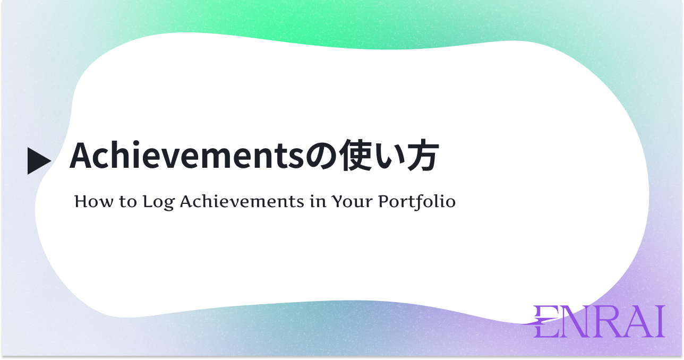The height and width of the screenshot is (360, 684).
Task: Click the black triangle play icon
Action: point(38,161)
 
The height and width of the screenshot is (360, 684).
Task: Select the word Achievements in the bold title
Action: point(187,155)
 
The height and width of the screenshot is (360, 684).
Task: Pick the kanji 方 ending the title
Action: point(423,155)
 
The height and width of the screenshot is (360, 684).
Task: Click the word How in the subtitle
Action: point(94,202)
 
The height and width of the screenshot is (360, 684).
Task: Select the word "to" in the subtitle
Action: point(128,202)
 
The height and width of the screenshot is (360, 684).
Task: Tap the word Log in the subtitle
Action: point(158,202)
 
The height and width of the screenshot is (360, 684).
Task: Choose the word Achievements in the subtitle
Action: point(242,202)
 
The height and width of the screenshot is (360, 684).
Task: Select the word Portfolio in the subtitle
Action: point(417,202)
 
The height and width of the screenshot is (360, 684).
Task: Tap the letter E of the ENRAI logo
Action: point(542,322)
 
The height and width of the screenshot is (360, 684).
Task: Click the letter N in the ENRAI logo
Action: point(572,322)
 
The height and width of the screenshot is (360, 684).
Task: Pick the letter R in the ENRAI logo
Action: point(605,322)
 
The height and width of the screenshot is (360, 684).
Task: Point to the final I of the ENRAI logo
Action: point(661,322)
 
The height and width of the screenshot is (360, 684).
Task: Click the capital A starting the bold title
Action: point(81,156)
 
